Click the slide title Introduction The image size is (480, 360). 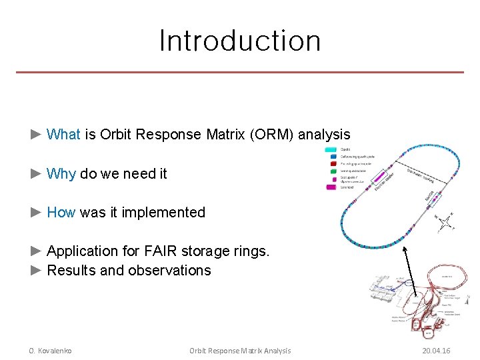pyautogui.click(x=240, y=40)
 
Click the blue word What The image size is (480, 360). pyautogui.click(x=63, y=135)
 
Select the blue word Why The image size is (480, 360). pyautogui.click(x=61, y=174)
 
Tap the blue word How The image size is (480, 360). pyautogui.click(x=61, y=213)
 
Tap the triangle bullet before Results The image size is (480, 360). pyautogui.click(x=37, y=271)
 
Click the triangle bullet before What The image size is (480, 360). pyautogui.click(x=37, y=135)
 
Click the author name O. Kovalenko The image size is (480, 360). pyautogui.click(x=50, y=351)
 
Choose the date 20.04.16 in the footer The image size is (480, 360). pyautogui.click(x=436, y=351)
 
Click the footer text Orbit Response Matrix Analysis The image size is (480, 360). pyautogui.click(x=240, y=351)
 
